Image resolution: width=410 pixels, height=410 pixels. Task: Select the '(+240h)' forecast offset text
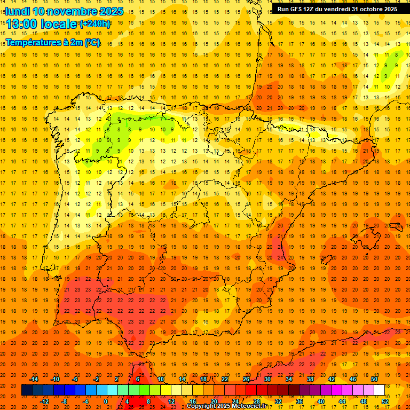[96, 24]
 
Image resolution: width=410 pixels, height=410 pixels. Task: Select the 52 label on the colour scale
[385, 401]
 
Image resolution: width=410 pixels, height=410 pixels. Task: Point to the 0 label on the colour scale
[106, 401]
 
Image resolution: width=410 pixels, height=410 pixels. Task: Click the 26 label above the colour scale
[246, 379]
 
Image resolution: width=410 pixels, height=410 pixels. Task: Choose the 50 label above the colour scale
[374, 379]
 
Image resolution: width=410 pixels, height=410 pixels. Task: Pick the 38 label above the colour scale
[310, 379]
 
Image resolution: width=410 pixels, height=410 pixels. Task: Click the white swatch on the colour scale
[380, 390]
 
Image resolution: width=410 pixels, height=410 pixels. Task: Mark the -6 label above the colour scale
[75, 379]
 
